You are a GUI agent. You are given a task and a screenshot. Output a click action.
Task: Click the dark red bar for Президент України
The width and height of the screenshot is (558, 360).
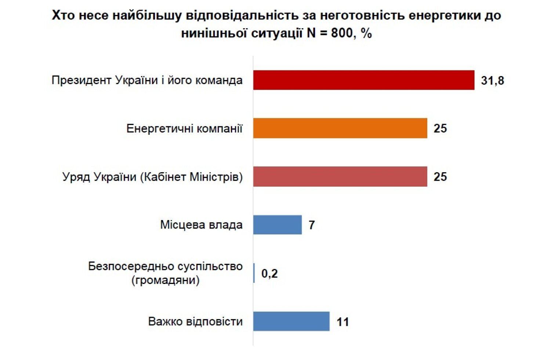click(x=363, y=80)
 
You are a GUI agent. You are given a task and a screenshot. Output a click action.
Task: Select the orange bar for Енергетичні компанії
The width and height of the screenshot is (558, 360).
click(x=340, y=128)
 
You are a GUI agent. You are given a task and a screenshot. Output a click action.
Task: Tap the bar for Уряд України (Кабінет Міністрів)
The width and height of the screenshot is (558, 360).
click(x=340, y=177)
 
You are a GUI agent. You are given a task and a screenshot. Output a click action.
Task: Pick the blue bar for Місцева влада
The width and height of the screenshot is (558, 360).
click(x=277, y=225)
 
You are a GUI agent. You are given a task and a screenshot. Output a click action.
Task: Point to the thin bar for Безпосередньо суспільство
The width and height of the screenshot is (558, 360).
click(x=254, y=273)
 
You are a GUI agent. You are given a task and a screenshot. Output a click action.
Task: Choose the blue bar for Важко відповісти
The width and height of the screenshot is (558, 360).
click(x=291, y=321)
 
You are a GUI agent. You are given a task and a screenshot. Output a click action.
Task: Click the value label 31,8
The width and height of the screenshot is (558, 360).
click(x=492, y=80)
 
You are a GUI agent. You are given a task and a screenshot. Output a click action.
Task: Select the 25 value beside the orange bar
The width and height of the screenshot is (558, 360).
click(x=440, y=129)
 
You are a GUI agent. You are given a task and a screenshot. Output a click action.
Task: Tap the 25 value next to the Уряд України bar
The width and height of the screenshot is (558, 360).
click(x=440, y=177)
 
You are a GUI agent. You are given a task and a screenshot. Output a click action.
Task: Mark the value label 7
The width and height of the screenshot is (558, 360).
click(x=312, y=225)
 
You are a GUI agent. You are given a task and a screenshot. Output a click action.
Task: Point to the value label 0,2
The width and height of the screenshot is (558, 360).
click(x=269, y=274)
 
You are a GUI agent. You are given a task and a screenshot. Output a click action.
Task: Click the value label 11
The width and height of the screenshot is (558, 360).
click(x=343, y=322)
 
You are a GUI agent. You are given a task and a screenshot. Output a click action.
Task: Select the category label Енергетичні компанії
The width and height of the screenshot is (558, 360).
click(x=184, y=129)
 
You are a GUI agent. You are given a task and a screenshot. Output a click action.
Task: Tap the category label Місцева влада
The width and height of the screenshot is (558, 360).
click(x=201, y=225)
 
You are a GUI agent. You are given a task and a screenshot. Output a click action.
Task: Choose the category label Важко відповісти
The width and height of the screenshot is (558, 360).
click(x=195, y=321)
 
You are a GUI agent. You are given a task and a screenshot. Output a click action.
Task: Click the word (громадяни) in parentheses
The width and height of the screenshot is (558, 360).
click(x=165, y=281)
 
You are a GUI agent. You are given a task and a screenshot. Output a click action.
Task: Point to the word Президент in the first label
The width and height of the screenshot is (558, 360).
click(x=81, y=80)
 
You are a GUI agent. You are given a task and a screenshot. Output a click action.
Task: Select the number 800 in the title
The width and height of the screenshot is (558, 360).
click(x=343, y=33)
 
